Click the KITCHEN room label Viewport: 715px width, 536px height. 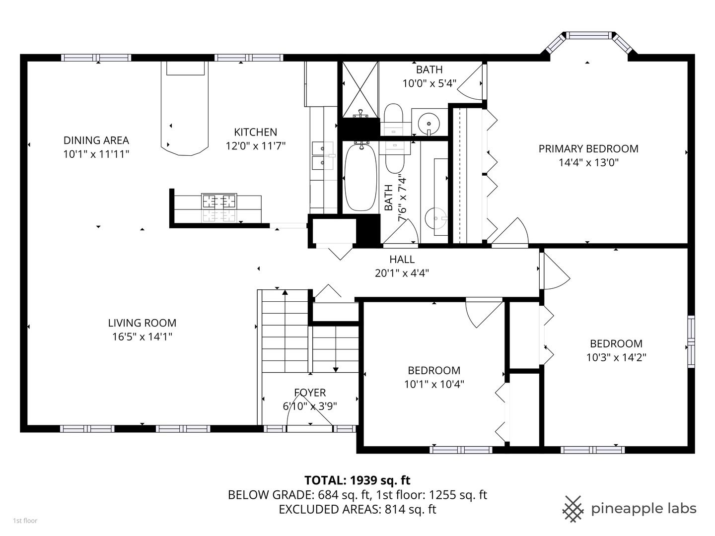click(x=255, y=132)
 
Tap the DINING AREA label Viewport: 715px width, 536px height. click(x=96, y=140)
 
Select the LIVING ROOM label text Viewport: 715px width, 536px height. click(x=142, y=323)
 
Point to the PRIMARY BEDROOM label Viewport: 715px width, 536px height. click(x=588, y=149)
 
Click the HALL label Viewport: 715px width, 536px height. click(x=402, y=260)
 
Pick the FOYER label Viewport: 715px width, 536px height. click(x=310, y=393)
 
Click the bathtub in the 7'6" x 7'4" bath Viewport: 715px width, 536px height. click(x=360, y=176)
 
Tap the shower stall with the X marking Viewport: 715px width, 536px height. click(x=360, y=89)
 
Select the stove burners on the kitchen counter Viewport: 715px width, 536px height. click(x=218, y=201)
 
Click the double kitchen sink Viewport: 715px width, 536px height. click(x=323, y=155)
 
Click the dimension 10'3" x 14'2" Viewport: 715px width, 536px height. click(x=616, y=357)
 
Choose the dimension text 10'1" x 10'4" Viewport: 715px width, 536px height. click(x=434, y=384)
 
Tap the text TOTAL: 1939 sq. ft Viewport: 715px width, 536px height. click(x=357, y=480)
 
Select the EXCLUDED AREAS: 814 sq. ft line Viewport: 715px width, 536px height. click(x=357, y=510)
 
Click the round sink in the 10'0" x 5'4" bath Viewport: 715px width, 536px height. click(x=428, y=121)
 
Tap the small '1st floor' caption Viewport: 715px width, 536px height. click(x=25, y=521)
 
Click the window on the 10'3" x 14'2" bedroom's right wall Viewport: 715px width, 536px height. click(x=691, y=341)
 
